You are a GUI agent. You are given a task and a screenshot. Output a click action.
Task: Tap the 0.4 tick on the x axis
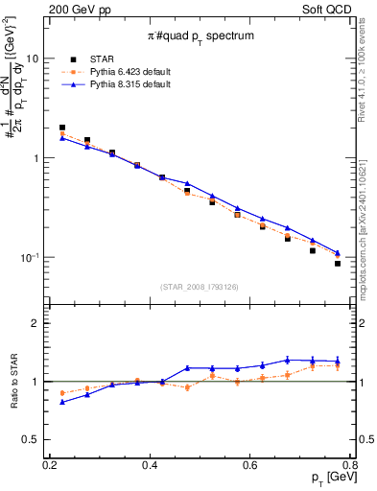coord(150,464)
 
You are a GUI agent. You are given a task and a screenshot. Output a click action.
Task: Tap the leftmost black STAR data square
coord(62,128)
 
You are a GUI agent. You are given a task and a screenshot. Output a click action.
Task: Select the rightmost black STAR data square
coord(338,264)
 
